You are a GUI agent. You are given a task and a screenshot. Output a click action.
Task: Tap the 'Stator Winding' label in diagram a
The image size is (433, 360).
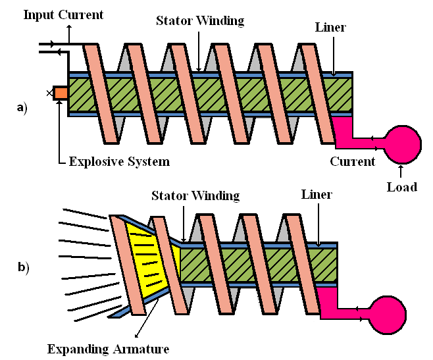pos(200,20)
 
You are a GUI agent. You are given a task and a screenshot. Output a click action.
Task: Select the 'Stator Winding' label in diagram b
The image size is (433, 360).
pos(195,195)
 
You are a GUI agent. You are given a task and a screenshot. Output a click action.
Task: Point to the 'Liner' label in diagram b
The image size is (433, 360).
pos(317,195)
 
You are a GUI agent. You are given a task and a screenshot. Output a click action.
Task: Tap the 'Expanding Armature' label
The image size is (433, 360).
pos(108,349)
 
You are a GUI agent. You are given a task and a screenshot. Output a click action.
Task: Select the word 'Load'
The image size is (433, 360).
pos(401,187)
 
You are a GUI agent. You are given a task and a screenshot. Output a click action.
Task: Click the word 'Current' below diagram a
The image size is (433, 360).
pos(353,161)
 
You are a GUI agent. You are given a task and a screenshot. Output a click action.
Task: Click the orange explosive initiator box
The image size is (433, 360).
pos(61,93)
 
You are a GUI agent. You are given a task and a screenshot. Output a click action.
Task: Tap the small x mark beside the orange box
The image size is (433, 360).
pos(50,93)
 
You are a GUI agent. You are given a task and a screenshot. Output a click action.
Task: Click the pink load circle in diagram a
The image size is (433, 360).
pos(401,139)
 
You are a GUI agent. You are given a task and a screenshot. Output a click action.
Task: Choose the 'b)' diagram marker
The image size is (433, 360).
pos(22,268)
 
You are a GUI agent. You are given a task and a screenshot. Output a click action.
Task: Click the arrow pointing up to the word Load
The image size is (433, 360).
pos(401,168)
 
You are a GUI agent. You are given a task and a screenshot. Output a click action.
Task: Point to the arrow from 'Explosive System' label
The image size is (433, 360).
pos(60,132)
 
